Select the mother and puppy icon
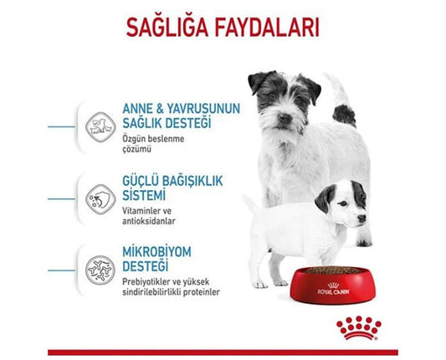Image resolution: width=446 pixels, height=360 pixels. point(100,127)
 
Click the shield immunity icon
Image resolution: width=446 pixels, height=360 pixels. point(100,198)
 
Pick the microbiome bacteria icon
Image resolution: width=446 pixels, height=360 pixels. point(100,269)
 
